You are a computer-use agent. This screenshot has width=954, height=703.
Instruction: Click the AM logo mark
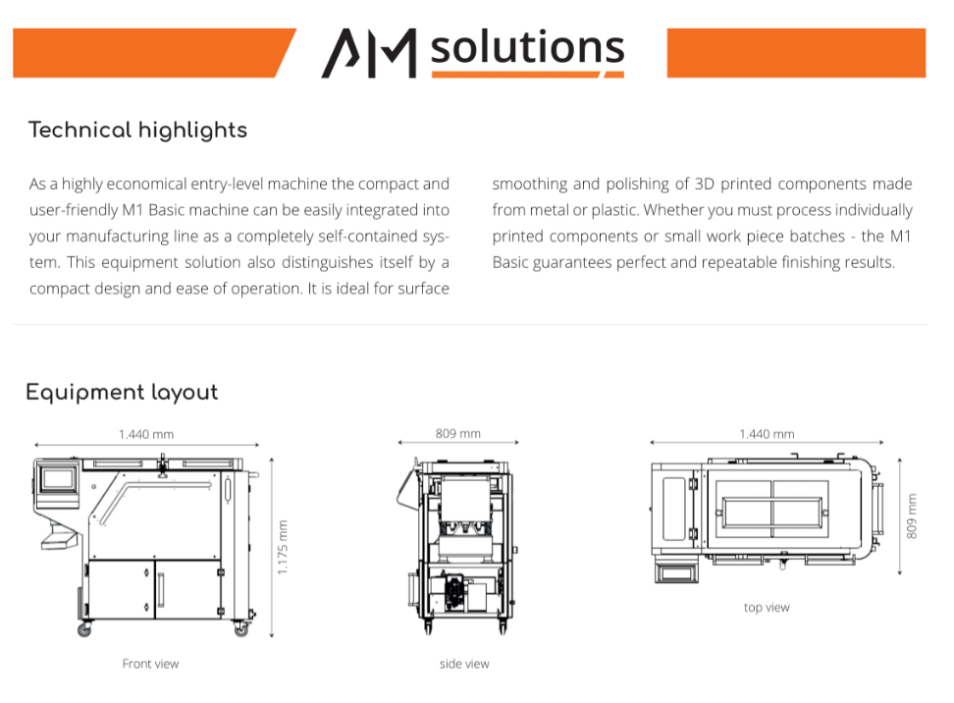coord(369,54)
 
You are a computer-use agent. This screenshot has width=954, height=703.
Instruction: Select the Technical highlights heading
coord(137,131)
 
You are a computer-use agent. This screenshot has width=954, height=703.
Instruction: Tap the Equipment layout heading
coord(122,393)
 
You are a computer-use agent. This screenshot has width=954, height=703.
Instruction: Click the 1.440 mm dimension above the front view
coord(146,434)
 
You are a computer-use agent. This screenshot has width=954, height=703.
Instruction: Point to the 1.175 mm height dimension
coord(283,547)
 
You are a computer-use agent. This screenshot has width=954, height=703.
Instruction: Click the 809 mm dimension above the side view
coord(457,433)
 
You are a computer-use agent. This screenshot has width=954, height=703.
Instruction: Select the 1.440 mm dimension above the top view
coord(767,434)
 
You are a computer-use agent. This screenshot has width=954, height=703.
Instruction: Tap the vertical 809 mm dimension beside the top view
coord(912,516)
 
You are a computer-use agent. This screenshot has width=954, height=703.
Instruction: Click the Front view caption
coord(150,664)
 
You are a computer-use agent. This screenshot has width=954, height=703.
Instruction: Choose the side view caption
coord(464,664)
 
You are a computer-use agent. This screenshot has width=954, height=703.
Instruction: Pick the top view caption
coord(767,608)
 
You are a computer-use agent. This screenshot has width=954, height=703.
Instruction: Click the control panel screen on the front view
coord(59,478)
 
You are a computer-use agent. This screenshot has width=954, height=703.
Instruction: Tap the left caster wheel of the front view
coord(84,630)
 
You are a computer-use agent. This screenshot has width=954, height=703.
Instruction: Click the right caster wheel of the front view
coord(240,630)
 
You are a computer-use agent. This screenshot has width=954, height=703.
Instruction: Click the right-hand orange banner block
coord(796,53)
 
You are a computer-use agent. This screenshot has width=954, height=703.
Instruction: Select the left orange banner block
coord(154,53)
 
